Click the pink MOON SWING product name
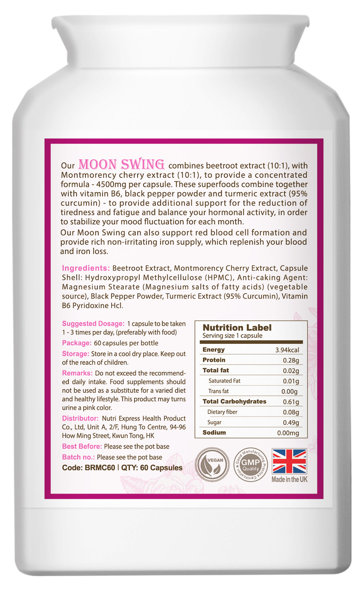(121, 164)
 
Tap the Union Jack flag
(289, 461)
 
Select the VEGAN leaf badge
(212, 465)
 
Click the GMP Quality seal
(250, 465)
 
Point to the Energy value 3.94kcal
(287, 350)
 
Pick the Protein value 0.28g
(291, 360)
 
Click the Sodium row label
(214, 433)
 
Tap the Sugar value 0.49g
(291, 423)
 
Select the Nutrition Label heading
(237, 327)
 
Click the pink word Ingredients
(85, 268)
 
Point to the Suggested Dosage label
(93, 324)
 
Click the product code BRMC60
(100, 468)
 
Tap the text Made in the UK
(289, 480)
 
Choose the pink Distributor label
(80, 418)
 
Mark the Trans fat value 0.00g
(289, 391)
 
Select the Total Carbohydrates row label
(234, 401)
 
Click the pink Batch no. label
(78, 457)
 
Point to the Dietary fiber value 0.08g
(291, 412)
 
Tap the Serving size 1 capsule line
(232, 336)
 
